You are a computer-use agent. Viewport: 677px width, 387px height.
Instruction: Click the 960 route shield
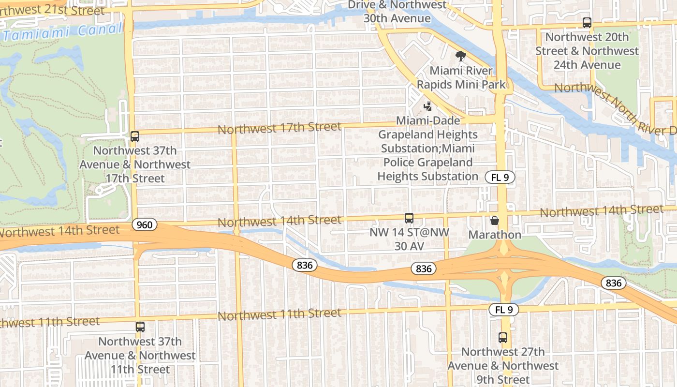pyautogui.click(x=144, y=224)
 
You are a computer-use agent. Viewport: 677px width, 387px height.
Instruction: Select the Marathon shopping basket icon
pyautogui.click(x=495, y=221)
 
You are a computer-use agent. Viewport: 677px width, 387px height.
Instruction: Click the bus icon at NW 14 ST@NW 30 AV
pyautogui.click(x=409, y=218)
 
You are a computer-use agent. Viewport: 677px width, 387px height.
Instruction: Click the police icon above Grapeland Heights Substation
pyautogui.click(x=427, y=106)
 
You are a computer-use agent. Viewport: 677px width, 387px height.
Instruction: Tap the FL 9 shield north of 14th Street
pyautogui.click(x=500, y=178)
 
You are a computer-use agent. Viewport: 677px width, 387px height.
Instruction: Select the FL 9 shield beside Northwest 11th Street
pyautogui.click(x=503, y=310)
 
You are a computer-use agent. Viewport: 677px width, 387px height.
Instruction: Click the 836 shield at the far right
pyautogui.click(x=613, y=283)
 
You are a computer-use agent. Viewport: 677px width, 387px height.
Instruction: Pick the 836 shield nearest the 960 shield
pyautogui.click(x=305, y=265)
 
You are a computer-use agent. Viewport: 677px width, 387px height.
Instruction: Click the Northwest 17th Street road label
pyautogui.click(x=280, y=128)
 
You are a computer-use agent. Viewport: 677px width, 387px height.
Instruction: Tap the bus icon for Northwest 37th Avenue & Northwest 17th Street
pyautogui.click(x=135, y=136)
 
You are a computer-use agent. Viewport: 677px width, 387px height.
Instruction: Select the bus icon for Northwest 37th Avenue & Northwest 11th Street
pyautogui.click(x=140, y=327)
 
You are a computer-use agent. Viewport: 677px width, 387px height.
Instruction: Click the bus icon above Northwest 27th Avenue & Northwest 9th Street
pyautogui.click(x=503, y=338)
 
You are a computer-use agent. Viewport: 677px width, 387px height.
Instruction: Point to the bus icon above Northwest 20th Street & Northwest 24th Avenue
pyautogui.click(x=587, y=23)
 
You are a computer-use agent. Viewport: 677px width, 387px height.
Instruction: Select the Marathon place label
pyautogui.click(x=495, y=235)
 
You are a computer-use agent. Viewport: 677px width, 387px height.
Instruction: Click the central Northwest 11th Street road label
pyautogui.click(x=280, y=315)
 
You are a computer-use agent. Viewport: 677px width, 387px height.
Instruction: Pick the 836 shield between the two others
pyautogui.click(x=424, y=268)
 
